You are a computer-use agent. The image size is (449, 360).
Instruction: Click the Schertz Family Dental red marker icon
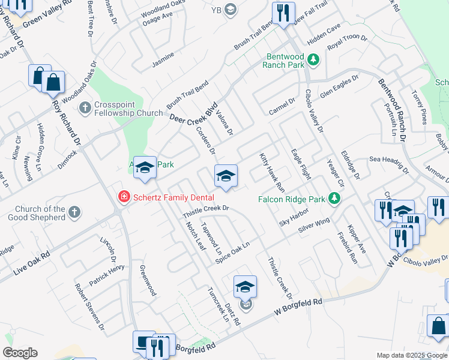[x=124, y=196]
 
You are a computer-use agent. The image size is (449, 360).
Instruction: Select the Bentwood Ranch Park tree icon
[x=313, y=59]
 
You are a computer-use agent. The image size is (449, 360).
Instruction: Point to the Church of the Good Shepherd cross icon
[x=74, y=212]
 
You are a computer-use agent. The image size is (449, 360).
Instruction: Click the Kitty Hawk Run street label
[x=272, y=171]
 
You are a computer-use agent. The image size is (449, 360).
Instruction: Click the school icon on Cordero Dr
[x=226, y=176]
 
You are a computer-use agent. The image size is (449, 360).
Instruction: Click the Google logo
[x=20, y=353]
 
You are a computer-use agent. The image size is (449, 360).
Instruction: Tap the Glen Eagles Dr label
[x=339, y=86]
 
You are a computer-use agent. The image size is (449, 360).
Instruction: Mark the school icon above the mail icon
[x=245, y=287]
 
